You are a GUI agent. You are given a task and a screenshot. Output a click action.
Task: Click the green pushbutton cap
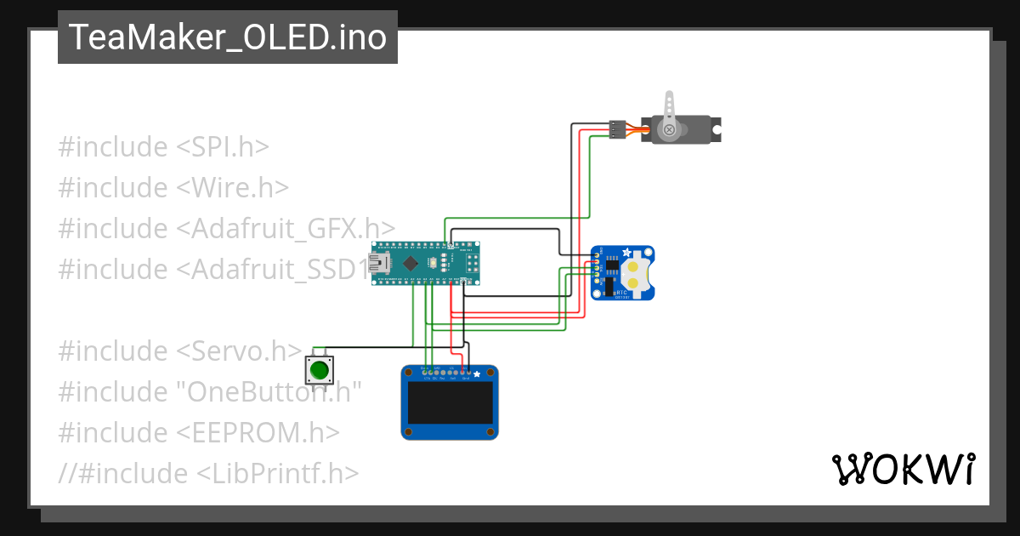click(320, 370)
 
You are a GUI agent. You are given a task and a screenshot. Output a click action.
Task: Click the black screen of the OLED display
click(450, 402)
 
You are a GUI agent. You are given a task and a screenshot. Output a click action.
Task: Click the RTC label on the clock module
click(621, 293)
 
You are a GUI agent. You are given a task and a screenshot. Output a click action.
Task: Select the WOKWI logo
click(902, 469)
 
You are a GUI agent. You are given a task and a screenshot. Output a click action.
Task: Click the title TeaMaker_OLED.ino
click(227, 37)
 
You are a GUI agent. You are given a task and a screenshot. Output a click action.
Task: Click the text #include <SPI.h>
click(163, 147)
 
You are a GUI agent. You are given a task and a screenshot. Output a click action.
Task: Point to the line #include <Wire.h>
click(173, 188)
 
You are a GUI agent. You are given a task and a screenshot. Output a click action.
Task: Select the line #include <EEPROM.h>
click(199, 432)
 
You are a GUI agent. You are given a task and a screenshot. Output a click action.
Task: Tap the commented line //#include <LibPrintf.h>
click(208, 473)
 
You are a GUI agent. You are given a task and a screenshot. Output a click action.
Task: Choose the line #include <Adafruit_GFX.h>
click(226, 229)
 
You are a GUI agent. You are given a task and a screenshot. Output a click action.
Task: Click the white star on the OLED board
click(477, 374)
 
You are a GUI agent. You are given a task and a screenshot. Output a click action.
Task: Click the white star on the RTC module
click(627, 253)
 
